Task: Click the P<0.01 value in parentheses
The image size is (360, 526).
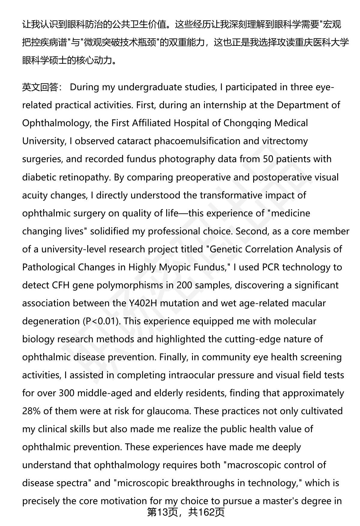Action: tap(101, 321)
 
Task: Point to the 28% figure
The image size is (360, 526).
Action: tap(31, 411)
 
